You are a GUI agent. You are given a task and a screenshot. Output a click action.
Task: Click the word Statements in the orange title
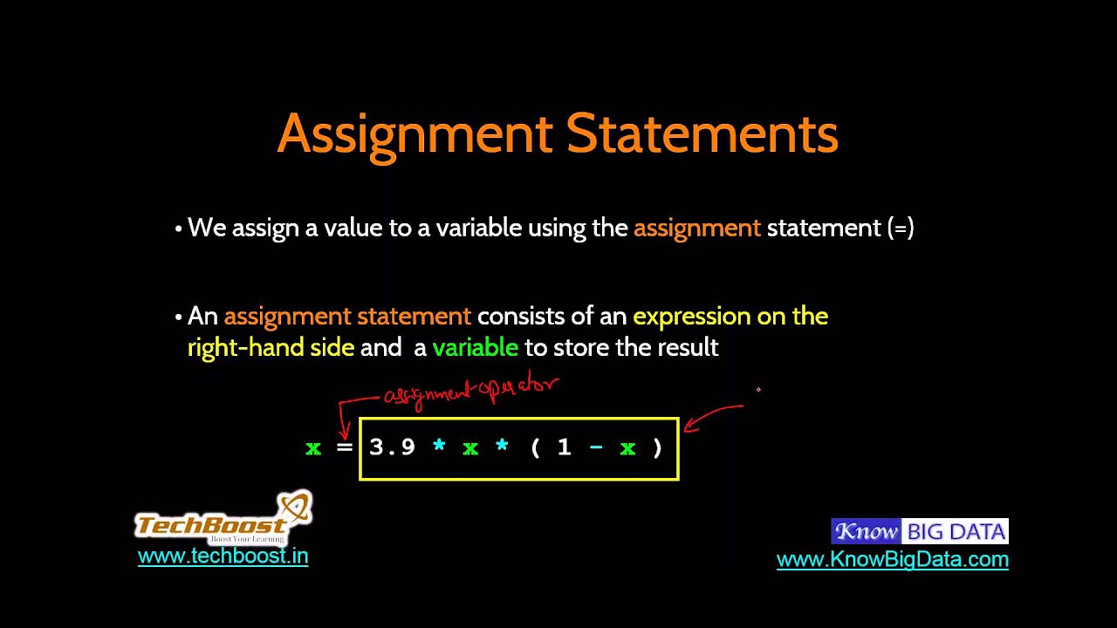coord(702,134)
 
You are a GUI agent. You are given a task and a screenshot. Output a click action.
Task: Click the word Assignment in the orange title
coord(415,134)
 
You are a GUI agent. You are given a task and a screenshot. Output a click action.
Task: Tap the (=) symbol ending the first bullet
coord(901,229)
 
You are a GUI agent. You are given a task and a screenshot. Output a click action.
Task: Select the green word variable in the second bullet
coord(475,347)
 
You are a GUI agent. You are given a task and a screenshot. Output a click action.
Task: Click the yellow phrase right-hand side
coord(271,347)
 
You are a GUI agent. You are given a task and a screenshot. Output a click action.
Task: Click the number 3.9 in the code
coord(392,447)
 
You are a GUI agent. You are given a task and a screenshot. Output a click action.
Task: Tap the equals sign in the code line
coord(344,447)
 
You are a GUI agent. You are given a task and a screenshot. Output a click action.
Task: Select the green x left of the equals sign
coord(313,448)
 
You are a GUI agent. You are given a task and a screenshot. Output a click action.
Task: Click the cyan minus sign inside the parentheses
coord(596,447)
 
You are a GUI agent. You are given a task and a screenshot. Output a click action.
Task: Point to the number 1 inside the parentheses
coord(565,447)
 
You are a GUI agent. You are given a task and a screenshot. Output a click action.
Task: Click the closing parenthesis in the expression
coord(658,447)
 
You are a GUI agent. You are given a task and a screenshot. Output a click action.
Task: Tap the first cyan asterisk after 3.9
coord(439,447)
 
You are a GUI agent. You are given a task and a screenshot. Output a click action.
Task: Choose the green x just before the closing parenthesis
coord(627,448)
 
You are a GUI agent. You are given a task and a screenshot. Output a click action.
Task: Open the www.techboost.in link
coord(223,556)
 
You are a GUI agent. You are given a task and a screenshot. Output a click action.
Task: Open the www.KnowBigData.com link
coord(892,559)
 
